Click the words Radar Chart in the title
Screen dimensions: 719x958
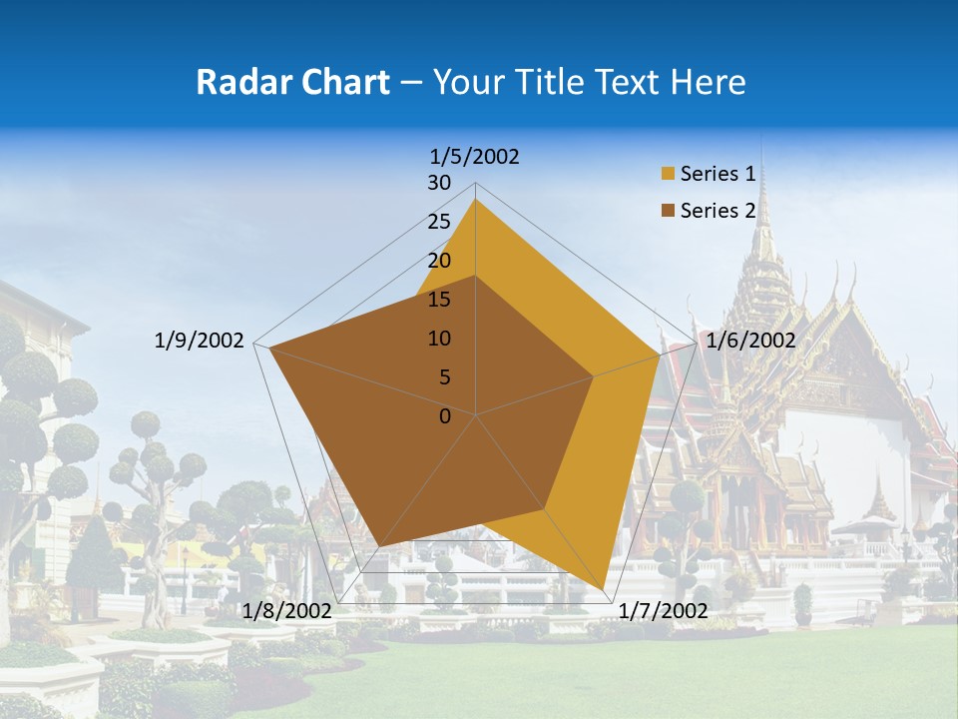pos(292,82)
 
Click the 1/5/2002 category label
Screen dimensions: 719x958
pos(475,156)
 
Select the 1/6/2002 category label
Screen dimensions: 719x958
pos(750,341)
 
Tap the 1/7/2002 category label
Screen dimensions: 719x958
pos(663,610)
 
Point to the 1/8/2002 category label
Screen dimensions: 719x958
pos(286,610)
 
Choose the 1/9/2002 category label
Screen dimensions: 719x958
pos(199,341)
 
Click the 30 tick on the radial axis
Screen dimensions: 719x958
pos(439,183)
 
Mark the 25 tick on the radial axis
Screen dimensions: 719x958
pos(439,222)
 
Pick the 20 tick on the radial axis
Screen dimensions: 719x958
pos(439,261)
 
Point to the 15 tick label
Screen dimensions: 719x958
pos(439,300)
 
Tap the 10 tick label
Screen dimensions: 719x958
pos(439,339)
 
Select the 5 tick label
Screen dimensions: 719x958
pos(444,377)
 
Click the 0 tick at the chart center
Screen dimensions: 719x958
pos(445,416)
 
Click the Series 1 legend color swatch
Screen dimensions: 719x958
pos(668,175)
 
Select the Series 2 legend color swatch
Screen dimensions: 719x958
pos(668,211)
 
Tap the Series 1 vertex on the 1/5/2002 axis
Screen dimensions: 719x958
pos(476,200)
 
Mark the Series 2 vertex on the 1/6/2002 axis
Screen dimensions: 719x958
pos(594,376)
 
